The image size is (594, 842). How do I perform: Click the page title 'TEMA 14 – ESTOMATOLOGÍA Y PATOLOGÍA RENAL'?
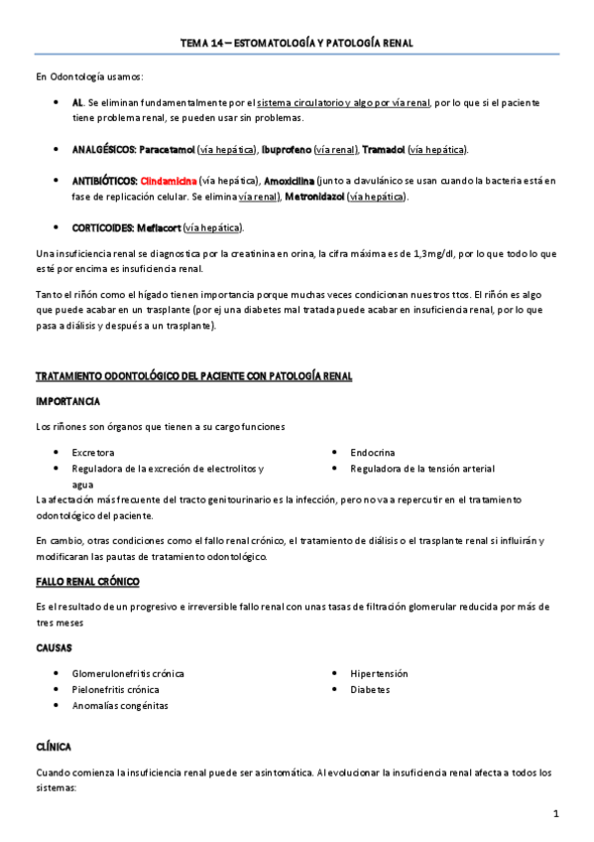tap(297, 44)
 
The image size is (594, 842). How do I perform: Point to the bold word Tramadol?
tap(384, 149)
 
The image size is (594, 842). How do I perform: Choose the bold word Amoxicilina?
tap(290, 181)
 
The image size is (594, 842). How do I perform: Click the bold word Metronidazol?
tap(314, 197)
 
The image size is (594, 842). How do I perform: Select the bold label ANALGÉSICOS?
tap(103, 149)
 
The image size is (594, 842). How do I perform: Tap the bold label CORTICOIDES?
tap(99, 227)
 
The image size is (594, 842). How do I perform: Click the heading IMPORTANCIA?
tap(66, 401)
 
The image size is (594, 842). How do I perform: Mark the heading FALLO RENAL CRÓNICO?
tap(87, 580)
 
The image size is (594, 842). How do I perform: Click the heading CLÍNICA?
tap(53, 746)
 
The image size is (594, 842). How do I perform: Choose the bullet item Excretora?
tap(93, 452)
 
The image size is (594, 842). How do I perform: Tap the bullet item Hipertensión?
tap(379, 673)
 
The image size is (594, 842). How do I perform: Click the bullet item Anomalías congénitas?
tap(120, 705)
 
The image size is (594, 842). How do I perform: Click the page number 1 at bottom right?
tap(556, 814)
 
